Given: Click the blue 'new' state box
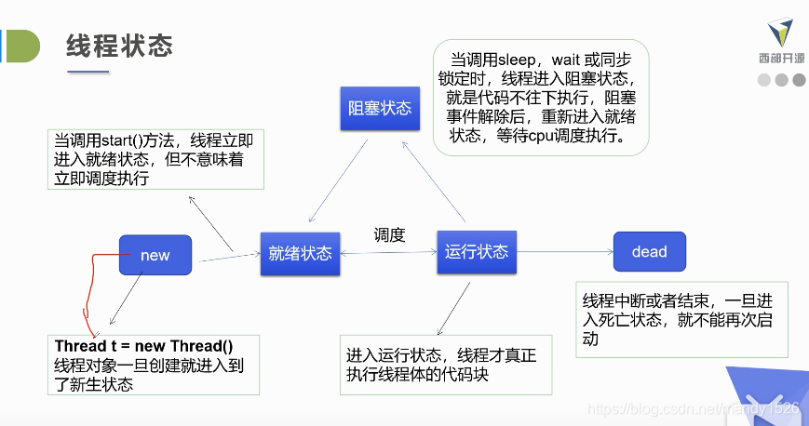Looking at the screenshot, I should [x=155, y=255].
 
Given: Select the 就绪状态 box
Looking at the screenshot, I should [x=300, y=253].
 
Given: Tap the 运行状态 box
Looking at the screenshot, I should [x=477, y=251].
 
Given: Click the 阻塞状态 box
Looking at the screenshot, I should [x=379, y=108].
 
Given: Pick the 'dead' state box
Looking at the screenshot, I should [x=649, y=251].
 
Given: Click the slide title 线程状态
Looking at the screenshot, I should [x=120, y=45].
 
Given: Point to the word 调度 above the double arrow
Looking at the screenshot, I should [x=389, y=235].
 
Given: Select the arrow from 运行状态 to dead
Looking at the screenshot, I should [x=564, y=251].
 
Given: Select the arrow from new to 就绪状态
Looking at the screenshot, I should [x=229, y=257].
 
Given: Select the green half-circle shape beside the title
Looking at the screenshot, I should [x=22, y=46].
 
